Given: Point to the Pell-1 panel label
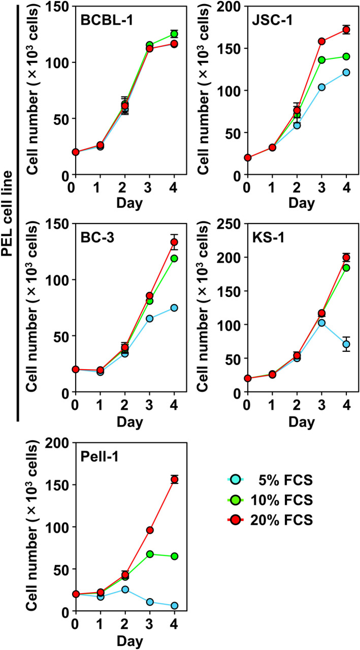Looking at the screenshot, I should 100,458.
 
